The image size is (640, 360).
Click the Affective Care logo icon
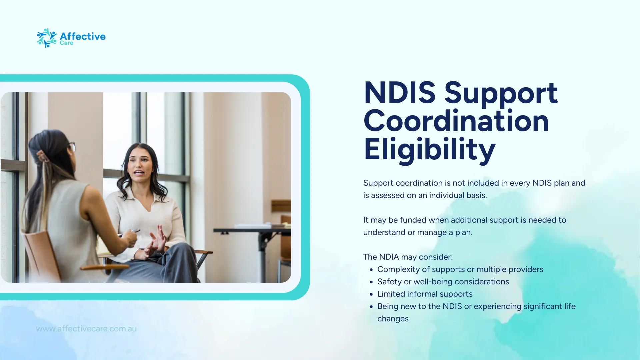point(46,38)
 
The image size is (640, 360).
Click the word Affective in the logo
point(83,36)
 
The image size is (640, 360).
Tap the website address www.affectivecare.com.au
point(86,329)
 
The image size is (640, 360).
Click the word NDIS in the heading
point(399,93)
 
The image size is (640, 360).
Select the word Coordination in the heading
point(456,121)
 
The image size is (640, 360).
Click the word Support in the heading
point(501,93)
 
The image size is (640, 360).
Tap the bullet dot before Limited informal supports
point(371,294)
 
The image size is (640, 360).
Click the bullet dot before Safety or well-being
point(371,282)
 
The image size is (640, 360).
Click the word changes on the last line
point(393,319)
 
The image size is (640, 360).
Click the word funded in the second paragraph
point(413,220)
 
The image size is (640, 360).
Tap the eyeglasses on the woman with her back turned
point(71,147)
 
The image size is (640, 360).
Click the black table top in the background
point(252,230)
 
